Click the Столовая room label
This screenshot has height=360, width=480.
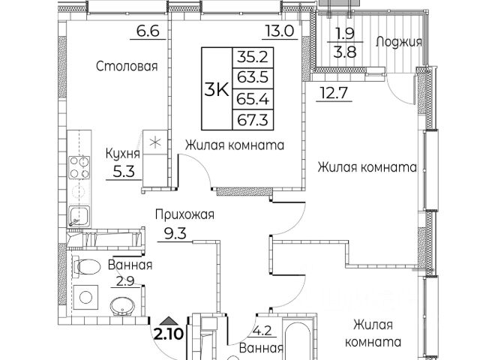(x=127, y=67)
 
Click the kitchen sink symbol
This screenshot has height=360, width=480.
(x=79, y=216)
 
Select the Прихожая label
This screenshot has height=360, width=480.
(x=184, y=215)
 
